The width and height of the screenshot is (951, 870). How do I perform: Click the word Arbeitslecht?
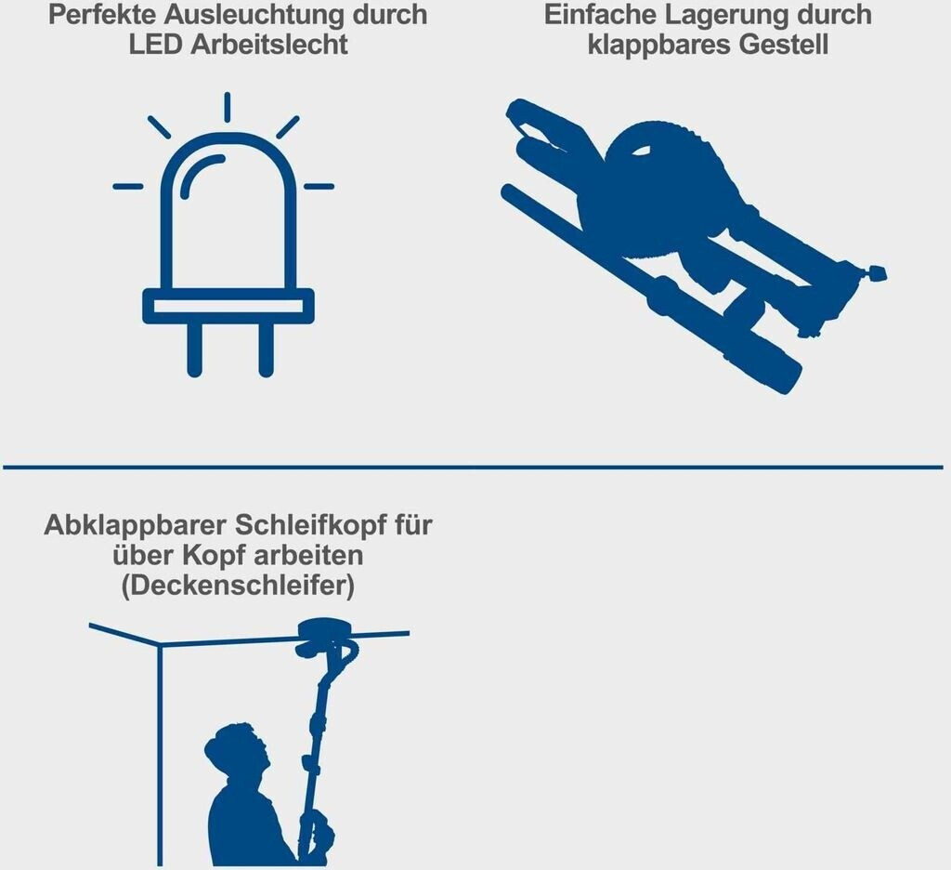pyautogui.click(x=269, y=45)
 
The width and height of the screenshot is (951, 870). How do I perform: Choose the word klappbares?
pyautogui.click(x=658, y=45)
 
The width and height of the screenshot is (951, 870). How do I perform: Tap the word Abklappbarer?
pyautogui.click(x=136, y=525)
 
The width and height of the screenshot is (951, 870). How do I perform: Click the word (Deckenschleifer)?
pyautogui.click(x=238, y=586)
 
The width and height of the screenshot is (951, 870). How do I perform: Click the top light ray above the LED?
pyautogui.click(x=227, y=108)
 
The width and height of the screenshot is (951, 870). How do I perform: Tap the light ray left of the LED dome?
pyautogui.click(x=128, y=187)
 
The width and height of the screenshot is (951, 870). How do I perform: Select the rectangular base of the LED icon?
pyautogui.click(x=228, y=306)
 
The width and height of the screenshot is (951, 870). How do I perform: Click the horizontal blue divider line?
pyautogui.click(x=473, y=467)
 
